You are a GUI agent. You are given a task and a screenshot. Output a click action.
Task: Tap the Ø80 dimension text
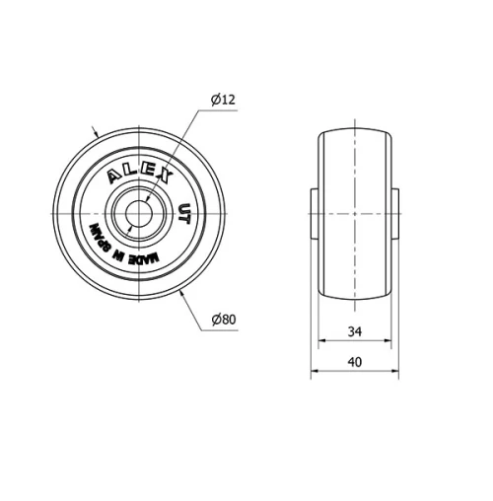[x=223, y=319]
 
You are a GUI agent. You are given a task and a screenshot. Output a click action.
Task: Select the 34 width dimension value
[x=355, y=331]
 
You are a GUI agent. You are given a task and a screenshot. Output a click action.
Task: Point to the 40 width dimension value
[x=355, y=362]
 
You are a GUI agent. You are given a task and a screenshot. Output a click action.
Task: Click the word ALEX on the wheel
[x=139, y=172]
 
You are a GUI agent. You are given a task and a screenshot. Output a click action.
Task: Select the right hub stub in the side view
[x=396, y=213]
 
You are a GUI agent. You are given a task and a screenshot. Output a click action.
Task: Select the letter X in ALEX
[x=166, y=176]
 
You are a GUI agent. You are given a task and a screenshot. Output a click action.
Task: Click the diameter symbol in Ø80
[x=214, y=319]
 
